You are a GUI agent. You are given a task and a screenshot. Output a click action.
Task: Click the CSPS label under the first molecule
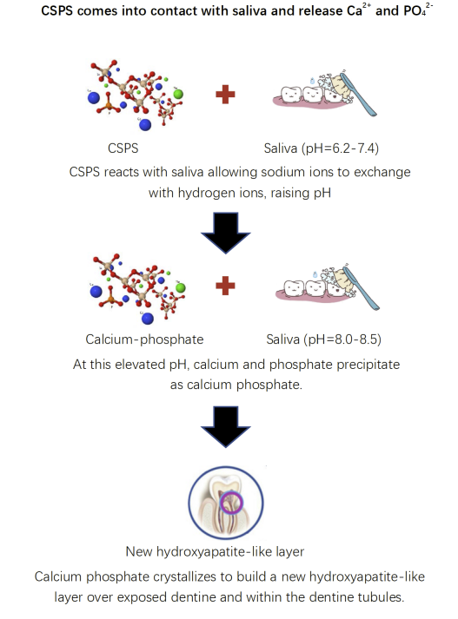(x=123, y=148)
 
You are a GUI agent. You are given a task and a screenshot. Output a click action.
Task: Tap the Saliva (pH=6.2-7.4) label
(x=322, y=148)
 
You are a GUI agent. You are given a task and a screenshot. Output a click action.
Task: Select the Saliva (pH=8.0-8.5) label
(x=323, y=339)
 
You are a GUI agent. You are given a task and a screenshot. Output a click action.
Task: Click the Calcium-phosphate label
(x=144, y=339)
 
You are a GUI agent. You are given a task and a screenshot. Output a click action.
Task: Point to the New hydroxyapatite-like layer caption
(x=215, y=551)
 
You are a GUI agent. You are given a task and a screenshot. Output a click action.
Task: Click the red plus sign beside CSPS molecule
(x=225, y=95)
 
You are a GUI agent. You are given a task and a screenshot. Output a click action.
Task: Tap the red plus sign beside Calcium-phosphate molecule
(x=225, y=286)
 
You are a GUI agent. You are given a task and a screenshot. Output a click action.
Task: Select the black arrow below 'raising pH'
(x=226, y=233)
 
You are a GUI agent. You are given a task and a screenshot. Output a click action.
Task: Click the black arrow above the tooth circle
(x=226, y=427)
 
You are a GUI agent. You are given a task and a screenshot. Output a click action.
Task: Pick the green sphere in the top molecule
(x=178, y=94)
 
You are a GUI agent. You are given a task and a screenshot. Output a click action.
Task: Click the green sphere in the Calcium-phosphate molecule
(x=181, y=287)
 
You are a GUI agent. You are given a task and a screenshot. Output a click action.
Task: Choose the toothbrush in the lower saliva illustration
(x=362, y=287)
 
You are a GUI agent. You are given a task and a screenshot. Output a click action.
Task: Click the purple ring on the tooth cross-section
(x=231, y=503)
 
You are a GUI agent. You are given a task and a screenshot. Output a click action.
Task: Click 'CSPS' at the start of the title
(x=56, y=10)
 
